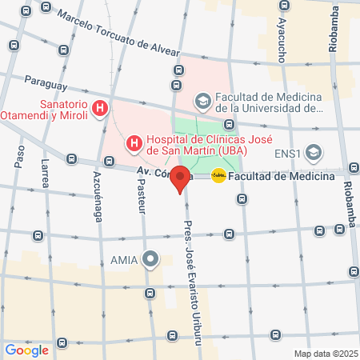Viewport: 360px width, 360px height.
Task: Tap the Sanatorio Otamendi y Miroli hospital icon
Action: (x=101, y=108)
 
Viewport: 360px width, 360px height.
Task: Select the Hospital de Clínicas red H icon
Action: (x=134, y=144)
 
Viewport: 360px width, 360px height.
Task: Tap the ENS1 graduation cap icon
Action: (x=314, y=152)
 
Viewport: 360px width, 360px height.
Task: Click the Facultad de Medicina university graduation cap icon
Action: (x=203, y=101)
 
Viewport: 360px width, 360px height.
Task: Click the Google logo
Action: (x=26, y=350)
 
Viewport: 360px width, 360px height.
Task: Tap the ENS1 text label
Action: (x=288, y=152)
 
